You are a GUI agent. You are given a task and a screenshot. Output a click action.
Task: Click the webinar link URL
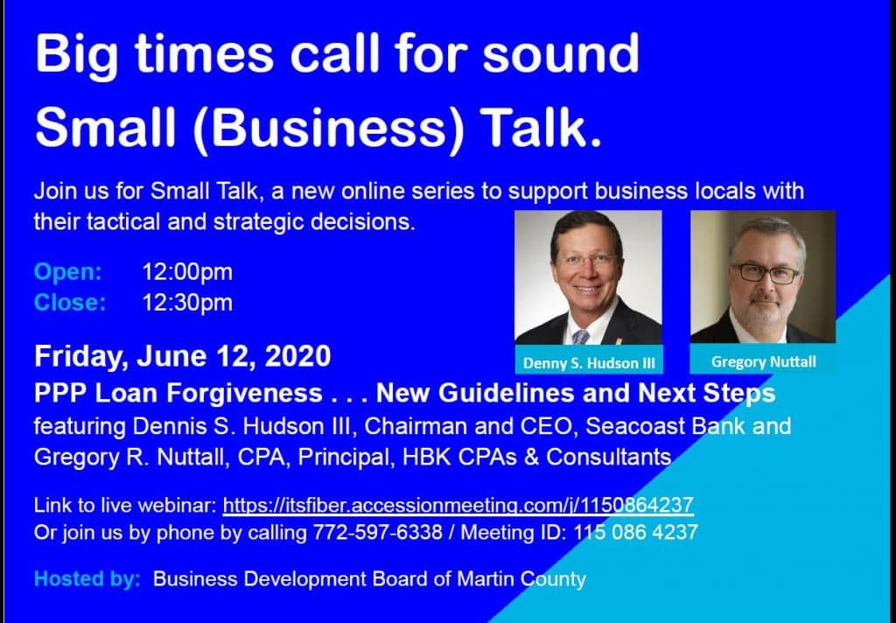coord(458,505)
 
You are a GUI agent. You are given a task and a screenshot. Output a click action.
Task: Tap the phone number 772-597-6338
coord(377,533)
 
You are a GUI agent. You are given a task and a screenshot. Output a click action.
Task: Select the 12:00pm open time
coord(187,272)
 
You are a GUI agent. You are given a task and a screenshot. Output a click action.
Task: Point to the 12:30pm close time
coord(187,303)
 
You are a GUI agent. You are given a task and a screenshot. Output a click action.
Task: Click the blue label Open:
coord(68,271)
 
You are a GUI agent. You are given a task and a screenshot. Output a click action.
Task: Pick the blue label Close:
coord(70,303)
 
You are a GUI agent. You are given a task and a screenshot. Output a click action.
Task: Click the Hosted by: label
coord(87,579)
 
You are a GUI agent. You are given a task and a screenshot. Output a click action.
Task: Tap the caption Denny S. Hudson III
coord(589,363)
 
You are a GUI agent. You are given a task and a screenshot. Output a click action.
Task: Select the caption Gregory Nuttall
coord(763,361)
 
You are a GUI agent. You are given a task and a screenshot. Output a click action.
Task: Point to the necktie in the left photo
coord(581,336)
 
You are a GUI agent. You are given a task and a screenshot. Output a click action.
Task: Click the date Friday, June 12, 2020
coord(182,357)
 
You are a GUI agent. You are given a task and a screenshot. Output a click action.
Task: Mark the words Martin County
coord(521,579)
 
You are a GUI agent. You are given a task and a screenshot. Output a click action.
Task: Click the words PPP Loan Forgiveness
coord(178,393)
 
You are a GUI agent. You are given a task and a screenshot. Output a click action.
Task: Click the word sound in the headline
coord(561,53)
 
